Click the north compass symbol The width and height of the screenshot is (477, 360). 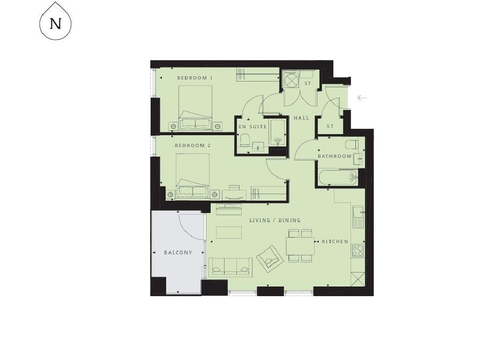click(x=55, y=21)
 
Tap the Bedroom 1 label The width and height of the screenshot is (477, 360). click(x=195, y=78)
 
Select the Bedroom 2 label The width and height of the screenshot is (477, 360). click(x=192, y=145)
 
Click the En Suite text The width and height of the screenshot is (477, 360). click(x=252, y=127)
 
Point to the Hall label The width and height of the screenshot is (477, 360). click(x=301, y=118)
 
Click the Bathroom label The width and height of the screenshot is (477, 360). click(x=334, y=156)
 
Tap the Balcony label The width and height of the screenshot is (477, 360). click(x=178, y=253)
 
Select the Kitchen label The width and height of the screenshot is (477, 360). click(x=335, y=241)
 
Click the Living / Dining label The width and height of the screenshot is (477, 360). click(x=275, y=220)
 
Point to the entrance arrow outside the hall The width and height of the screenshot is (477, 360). click(x=362, y=98)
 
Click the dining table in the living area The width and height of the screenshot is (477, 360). click(x=300, y=246)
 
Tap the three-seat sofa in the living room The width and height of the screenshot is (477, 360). click(x=230, y=267)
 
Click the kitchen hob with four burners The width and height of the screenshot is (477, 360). click(x=358, y=251)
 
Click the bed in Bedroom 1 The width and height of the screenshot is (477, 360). click(x=195, y=107)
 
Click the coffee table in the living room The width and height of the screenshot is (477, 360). click(x=229, y=232)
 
